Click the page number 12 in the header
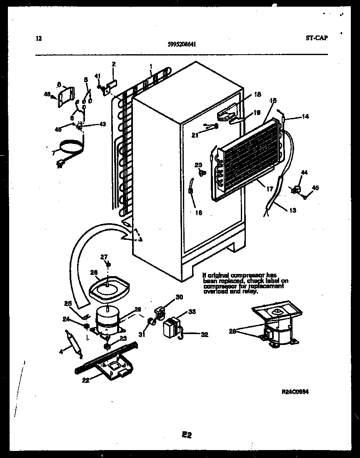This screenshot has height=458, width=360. point(39,39)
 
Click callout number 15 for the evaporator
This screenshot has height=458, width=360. point(273,101)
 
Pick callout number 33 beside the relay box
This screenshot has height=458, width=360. point(192,311)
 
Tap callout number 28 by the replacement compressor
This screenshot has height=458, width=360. point(233,331)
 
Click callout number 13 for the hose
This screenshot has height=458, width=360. point(292,210)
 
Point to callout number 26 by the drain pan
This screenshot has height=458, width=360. point(94,272)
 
